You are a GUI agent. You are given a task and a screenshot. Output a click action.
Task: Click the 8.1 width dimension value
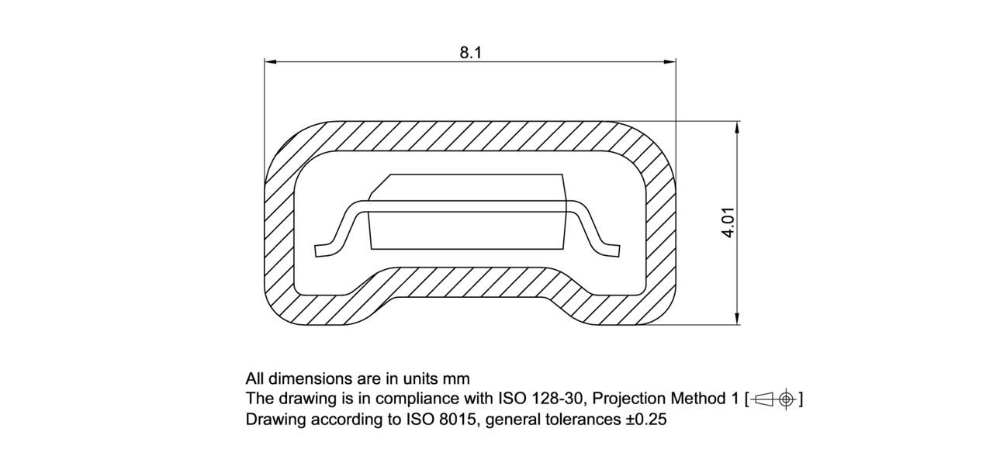(471, 53)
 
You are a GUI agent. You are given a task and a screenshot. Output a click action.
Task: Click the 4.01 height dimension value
(728, 223)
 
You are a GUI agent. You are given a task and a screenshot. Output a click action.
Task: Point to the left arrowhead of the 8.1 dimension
(268, 61)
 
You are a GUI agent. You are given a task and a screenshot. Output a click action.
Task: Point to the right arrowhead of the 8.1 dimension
(671, 61)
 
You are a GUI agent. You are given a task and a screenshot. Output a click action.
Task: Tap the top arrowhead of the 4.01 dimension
(736, 126)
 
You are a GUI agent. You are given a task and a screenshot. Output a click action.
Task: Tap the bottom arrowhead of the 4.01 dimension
(736, 320)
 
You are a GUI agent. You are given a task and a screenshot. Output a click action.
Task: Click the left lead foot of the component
(322, 250)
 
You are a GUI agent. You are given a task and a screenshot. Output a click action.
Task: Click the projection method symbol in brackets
(773, 399)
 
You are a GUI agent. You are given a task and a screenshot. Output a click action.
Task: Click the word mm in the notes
(456, 379)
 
